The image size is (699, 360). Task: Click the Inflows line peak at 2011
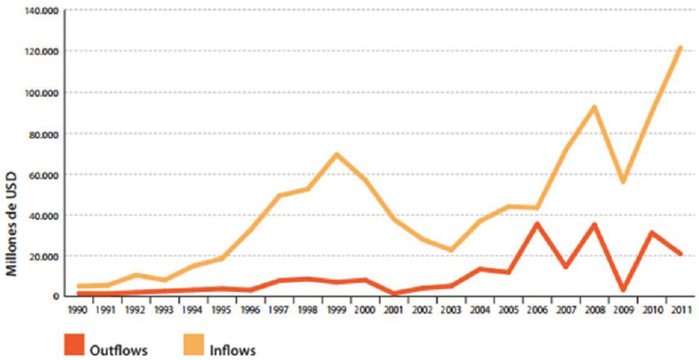pos(680,48)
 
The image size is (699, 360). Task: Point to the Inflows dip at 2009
pos(623,181)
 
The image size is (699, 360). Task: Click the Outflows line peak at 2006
pos(537,224)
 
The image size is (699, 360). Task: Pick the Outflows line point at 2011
pos(680,253)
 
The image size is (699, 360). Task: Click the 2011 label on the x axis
pos(680,309)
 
